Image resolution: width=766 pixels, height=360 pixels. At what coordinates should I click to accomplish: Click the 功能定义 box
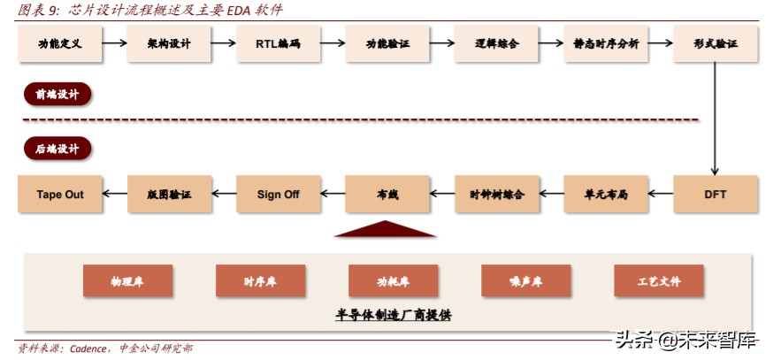[x=60, y=43]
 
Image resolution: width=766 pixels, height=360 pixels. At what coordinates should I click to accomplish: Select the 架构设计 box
[x=170, y=43]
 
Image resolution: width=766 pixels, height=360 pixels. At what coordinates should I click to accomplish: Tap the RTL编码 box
[x=280, y=43]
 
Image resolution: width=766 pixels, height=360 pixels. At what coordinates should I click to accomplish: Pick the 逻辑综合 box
[x=496, y=43]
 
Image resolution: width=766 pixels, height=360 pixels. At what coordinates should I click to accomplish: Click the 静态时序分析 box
[x=606, y=43]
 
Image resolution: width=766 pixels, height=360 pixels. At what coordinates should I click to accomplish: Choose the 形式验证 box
[x=716, y=43]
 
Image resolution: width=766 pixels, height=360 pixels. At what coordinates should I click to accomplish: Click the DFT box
[x=716, y=194]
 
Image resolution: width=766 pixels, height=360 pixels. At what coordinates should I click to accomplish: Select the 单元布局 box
[x=606, y=194]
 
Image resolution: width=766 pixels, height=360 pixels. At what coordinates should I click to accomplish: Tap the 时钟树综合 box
[x=496, y=194]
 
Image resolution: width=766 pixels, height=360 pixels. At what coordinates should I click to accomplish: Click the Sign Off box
[x=278, y=194]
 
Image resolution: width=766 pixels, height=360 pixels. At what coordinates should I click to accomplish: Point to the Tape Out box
[x=60, y=194]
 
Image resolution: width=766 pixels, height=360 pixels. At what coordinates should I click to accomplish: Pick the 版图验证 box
[x=170, y=194]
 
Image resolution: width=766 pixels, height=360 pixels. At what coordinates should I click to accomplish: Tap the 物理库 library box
[x=127, y=280]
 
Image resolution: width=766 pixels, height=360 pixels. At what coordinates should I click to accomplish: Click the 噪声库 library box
[x=526, y=280]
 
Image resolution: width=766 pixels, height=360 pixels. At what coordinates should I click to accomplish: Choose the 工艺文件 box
[x=659, y=280]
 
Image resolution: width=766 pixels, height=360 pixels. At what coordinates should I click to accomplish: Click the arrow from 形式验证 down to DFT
[x=716, y=115]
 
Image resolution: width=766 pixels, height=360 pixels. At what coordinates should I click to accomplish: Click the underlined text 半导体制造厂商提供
[x=393, y=315]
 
